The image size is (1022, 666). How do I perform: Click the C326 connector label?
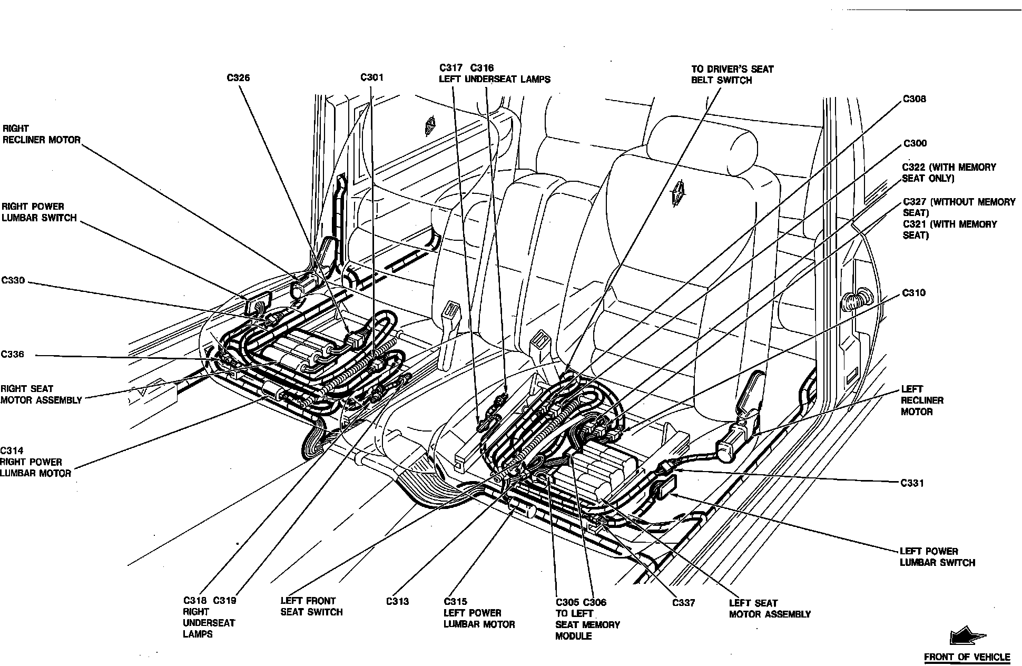click(238, 78)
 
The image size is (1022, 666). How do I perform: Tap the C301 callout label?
click(372, 77)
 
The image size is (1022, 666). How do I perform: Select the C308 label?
click(915, 99)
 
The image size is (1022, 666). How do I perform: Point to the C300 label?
click(915, 143)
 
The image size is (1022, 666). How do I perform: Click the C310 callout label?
click(914, 293)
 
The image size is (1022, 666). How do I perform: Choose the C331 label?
click(912, 483)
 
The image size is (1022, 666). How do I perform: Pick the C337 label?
click(683, 603)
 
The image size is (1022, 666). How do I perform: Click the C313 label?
click(397, 601)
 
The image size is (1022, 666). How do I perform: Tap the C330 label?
click(13, 280)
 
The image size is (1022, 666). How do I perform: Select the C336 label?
click(13, 354)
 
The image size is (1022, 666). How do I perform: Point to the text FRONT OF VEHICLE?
click(967, 657)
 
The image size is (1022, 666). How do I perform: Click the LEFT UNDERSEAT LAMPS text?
click(495, 80)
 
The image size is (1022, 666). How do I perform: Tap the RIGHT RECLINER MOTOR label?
click(42, 134)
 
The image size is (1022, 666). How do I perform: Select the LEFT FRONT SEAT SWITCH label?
click(311, 606)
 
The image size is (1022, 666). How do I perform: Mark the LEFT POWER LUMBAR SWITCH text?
click(937, 557)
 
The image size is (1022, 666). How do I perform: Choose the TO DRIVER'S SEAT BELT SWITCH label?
click(732, 74)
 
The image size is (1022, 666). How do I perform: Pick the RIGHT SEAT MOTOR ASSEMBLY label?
click(41, 394)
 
